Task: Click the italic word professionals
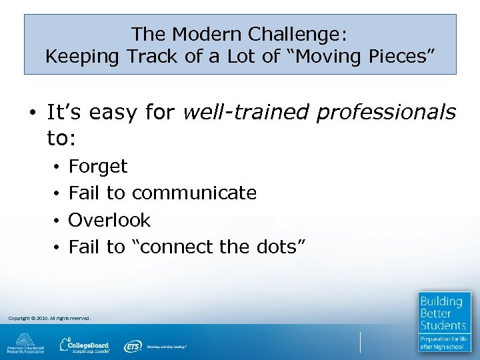click(x=386, y=113)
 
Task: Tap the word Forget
click(x=97, y=166)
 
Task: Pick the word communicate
click(x=194, y=193)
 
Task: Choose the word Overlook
click(x=109, y=220)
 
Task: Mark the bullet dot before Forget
click(x=58, y=167)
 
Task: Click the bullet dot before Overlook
click(x=58, y=221)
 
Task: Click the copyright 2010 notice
click(x=49, y=318)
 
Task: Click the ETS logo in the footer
click(x=133, y=346)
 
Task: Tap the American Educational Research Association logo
click(x=26, y=344)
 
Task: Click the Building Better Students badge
click(x=445, y=321)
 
